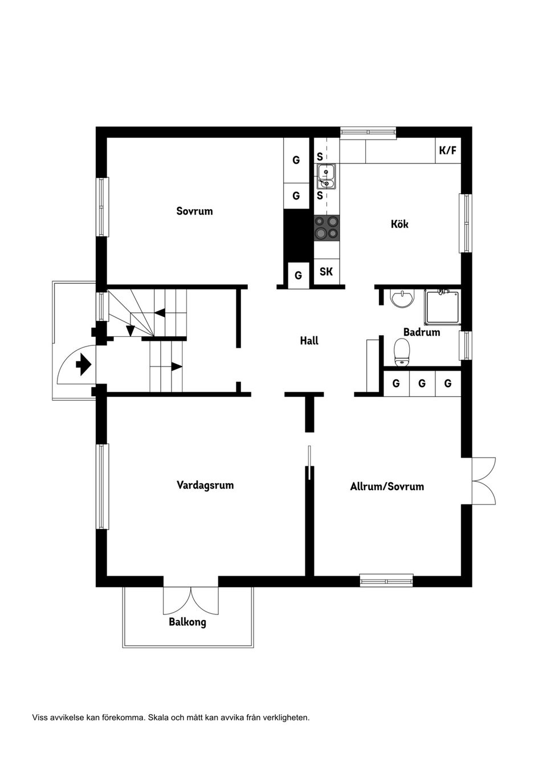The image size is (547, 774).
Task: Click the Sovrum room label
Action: click(194, 211)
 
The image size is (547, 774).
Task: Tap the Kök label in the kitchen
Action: click(399, 224)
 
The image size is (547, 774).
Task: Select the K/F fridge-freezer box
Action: click(447, 151)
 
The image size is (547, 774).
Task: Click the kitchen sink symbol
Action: click(326, 176)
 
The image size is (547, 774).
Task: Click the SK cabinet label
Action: click(326, 272)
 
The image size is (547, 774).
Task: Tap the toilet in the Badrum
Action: click(402, 351)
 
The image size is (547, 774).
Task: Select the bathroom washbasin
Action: click(402, 298)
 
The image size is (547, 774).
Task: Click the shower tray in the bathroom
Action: click(442, 308)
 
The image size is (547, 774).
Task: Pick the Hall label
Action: click(309, 341)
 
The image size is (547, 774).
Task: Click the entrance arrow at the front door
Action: click(84, 364)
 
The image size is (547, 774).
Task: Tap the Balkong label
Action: click(187, 622)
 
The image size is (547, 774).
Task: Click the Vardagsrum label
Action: click(205, 486)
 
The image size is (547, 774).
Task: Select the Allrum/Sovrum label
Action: click(387, 487)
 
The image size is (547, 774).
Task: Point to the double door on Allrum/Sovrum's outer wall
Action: click(483, 480)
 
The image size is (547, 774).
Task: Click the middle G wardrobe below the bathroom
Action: click(422, 384)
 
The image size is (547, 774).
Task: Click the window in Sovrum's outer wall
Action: click(103, 207)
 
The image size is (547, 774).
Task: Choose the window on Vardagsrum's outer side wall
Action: click(103, 486)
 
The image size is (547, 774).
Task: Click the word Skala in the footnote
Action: click(158, 718)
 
